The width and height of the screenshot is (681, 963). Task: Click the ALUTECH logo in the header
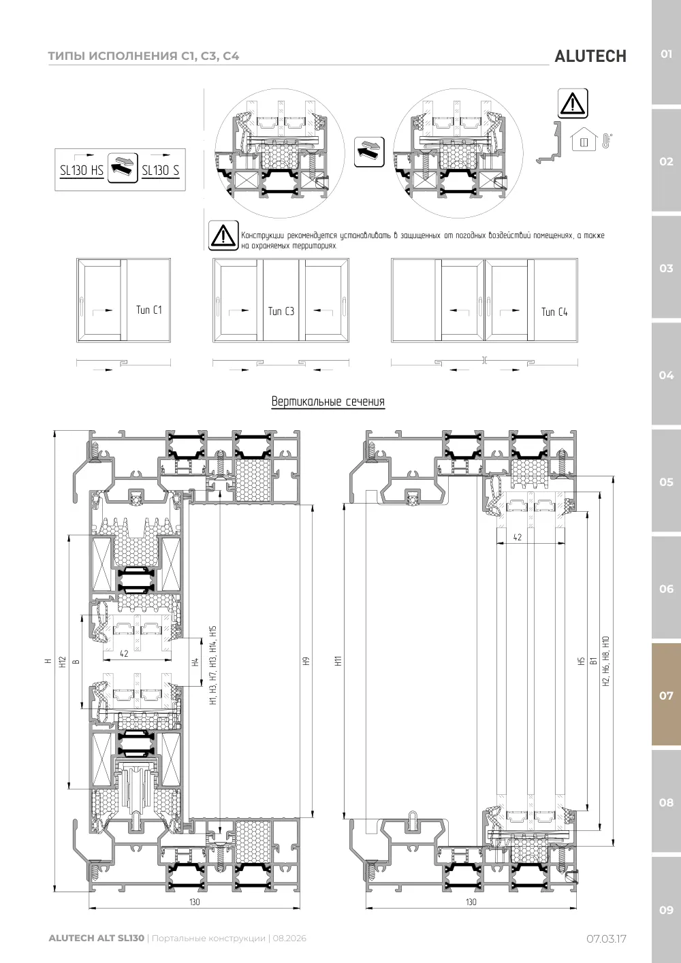[x=590, y=56]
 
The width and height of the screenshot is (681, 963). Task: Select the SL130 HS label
[x=81, y=170]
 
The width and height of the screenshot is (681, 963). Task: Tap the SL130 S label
[x=161, y=170]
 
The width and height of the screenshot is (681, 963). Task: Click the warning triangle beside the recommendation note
[x=223, y=235]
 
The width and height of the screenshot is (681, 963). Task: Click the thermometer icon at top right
[x=607, y=141]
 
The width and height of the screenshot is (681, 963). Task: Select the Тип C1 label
[x=149, y=310]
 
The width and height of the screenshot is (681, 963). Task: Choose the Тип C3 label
[x=281, y=311]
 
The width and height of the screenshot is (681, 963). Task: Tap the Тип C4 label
[x=554, y=312]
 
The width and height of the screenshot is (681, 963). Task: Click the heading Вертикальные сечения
[x=328, y=402]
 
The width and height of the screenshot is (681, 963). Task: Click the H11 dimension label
[x=338, y=661]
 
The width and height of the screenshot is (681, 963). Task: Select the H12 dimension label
[x=63, y=662]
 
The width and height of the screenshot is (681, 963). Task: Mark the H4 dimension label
[x=195, y=662]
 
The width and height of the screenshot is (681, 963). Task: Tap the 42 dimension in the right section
[x=518, y=538]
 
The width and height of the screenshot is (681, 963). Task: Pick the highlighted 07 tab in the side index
[x=666, y=695]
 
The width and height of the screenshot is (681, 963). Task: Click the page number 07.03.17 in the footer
[x=606, y=938]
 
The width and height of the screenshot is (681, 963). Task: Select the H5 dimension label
[x=581, y=662]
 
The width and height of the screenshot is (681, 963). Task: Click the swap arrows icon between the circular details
[x=369, y=152]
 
